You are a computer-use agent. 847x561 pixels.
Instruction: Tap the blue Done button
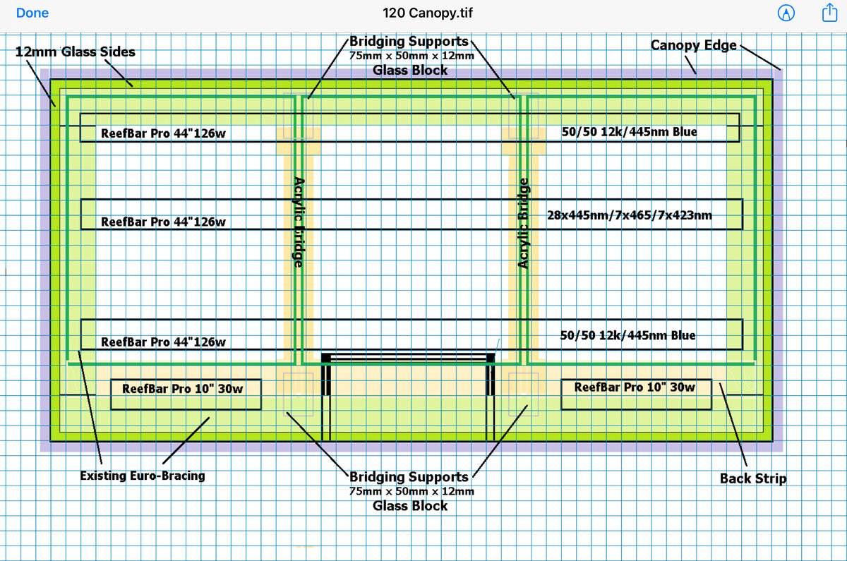click(32, 13)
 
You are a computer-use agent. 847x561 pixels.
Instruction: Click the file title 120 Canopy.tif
click(427, 13)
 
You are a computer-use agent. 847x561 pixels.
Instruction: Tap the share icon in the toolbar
click(829, 13)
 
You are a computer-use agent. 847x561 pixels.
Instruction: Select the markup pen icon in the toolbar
click(786, 13)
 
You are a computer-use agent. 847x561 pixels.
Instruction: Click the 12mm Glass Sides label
click(76, 52)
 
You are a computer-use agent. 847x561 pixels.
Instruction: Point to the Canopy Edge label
click(693, 45)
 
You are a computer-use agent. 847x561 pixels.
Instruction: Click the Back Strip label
click(753, 478)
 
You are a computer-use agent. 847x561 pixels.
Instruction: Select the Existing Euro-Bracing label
click(143, 476)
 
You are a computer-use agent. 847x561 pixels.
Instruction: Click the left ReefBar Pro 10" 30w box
click(186, 394)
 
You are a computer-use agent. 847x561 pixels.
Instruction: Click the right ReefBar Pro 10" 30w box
click(636, 394)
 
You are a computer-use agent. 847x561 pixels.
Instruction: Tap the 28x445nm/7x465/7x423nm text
click(629, 215)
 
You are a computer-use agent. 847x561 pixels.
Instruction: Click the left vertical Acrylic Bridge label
click(299, 222)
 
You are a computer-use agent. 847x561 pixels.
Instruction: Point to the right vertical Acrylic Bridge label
click(522, 223)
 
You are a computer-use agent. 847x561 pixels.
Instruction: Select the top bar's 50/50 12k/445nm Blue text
click(629, 131)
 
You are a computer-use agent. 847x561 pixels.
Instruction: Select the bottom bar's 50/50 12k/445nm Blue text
click(627, 335)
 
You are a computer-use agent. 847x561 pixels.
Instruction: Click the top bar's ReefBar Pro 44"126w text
click(163, 133)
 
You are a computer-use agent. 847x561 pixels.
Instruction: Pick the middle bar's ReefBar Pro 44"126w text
click(163, 222)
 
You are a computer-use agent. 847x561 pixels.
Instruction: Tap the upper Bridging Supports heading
click(409, 41)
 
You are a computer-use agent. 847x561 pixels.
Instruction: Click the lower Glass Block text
click(410, 505)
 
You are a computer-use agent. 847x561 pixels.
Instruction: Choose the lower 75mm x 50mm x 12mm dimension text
click(412, 491)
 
